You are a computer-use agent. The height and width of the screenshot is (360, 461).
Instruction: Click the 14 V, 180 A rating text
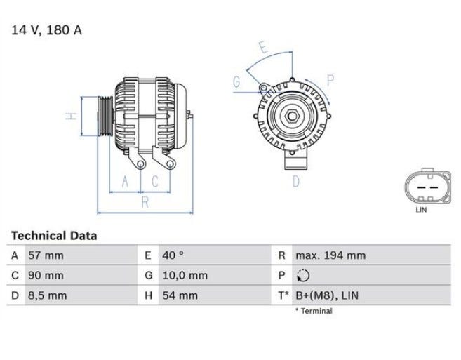click(x=46, y=30)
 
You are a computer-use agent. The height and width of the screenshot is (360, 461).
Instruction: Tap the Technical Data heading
click(x=54, y=236)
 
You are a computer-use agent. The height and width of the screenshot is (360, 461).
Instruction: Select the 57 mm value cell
click(x=46, y=255)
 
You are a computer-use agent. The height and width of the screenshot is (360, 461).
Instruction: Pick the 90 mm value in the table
click(x=46, y=276)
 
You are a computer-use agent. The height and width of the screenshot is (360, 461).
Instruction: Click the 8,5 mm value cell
click(x=47, y=295)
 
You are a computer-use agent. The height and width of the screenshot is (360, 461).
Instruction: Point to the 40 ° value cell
click(x=173, y=255)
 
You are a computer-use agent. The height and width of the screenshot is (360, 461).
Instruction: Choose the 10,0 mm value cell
click(x=185, y=276)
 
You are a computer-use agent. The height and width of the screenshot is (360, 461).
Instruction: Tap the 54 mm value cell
click(x=180, y=295)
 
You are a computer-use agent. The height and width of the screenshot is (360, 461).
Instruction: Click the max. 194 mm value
click(x=330, y=255)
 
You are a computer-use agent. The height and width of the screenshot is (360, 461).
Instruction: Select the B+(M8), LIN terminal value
click(x=327, y=295)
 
